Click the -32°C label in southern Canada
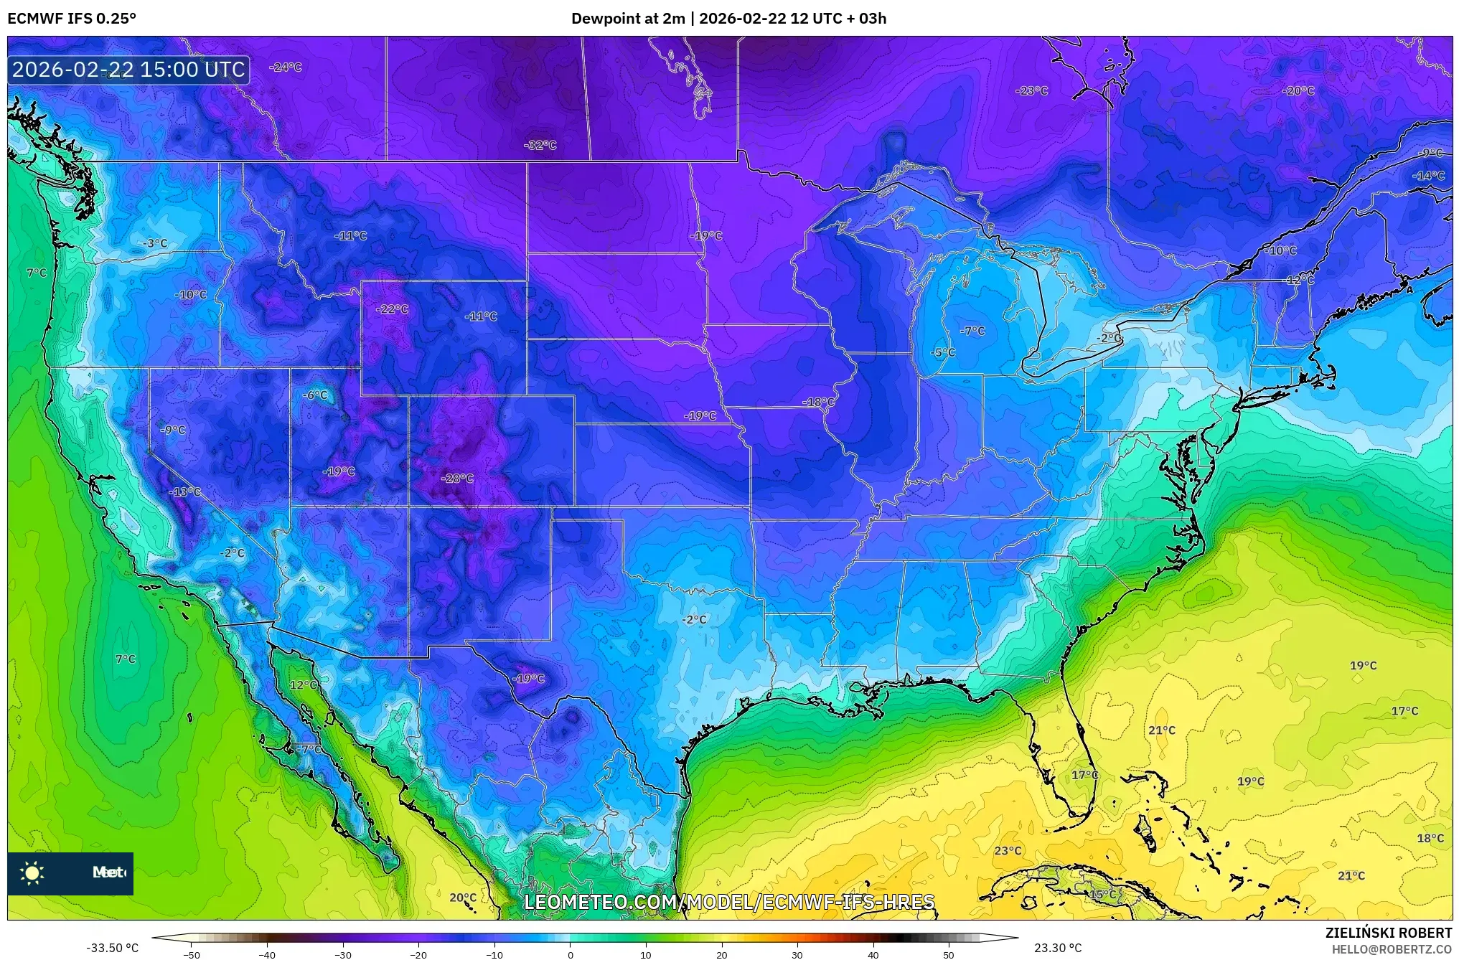tap(540, 145)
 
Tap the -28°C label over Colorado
tap(457, 479)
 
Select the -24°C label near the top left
tap(285, 67)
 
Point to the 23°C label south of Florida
tap(1007, 851)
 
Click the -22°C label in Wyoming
tap(392, 309)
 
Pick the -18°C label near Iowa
tap(818, 403)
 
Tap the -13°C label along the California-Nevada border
tap(185, 492)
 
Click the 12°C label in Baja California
tap(303, 685)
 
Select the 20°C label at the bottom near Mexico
tap(462, 898)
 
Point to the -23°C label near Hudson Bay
tap(1031, 91)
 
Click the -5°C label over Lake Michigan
tap(943, 353)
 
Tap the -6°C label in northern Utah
tap(314, 395)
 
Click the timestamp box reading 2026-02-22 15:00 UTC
tap(128, 70)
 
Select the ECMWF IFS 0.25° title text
tap(71, 18)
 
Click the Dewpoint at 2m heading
tap(627, 18)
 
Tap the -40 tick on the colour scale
tap(267, 954)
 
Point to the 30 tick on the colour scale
tap(797, 954)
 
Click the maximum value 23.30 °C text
tap(1057, 948)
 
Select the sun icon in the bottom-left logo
tap(32, 873)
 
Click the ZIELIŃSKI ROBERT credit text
tap(1388, 933)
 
